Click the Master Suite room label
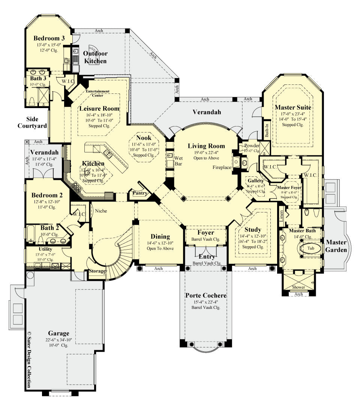[293, 107]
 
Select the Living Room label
[206, 146]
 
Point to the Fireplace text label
[222, 167]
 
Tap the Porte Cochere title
[206, 295]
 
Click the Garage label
[58, 333]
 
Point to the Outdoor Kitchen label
[95, 57]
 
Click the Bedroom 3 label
[49, 38]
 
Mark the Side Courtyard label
[32, 122]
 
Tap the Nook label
[144, 138]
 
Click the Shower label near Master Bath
[298, 287]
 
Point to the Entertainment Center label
[97, 93]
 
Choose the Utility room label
[46, 249]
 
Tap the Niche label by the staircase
[101, 211]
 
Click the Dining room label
[160, 236]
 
